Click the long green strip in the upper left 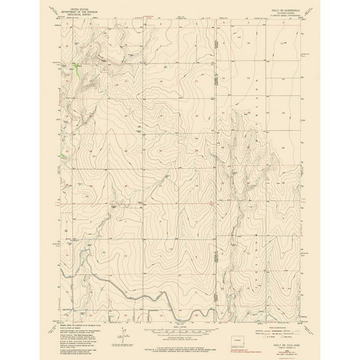coord(77,71)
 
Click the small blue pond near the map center coord(210,156)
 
